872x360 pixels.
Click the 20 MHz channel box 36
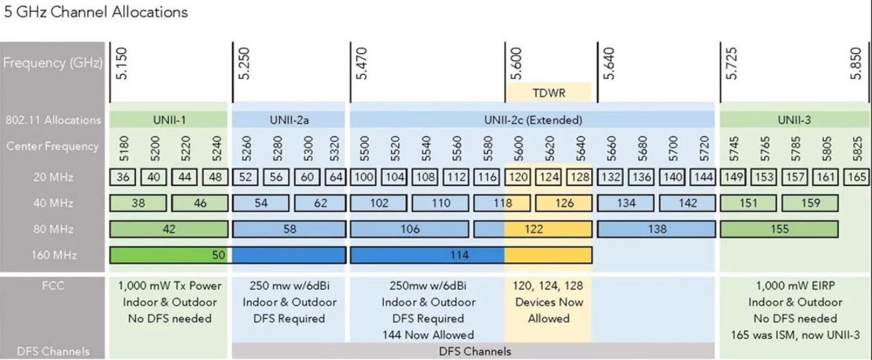[x=123, y=177]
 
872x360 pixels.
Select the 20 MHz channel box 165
[x=856, y=177]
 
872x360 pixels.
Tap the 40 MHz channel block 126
[x=564, y=203]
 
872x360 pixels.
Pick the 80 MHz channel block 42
[x=169, y=229]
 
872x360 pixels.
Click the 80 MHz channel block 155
[x=780, y=229]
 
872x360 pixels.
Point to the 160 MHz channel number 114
[x=459, y=255]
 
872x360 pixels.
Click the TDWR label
[x=548, y=93]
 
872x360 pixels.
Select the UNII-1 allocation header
[x=169, y=120]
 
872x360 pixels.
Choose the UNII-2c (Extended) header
[x=533, y=120]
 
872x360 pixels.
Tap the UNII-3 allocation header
[x=794, y=120]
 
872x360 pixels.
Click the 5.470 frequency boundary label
[x=362, y=63]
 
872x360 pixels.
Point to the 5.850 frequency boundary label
[x=856, y=63]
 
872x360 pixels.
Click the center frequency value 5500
[x=364, y=148]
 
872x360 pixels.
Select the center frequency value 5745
[x=733, y=148]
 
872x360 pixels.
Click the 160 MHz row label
[x=54, y=255]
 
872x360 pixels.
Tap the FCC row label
[x=53, y=286]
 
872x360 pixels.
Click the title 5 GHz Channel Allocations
[x=95, y=12]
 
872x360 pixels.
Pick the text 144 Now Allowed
[x=428, y=335]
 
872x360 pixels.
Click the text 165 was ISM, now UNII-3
[x=795, y=335]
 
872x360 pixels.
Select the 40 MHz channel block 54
[x=261, y=203]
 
